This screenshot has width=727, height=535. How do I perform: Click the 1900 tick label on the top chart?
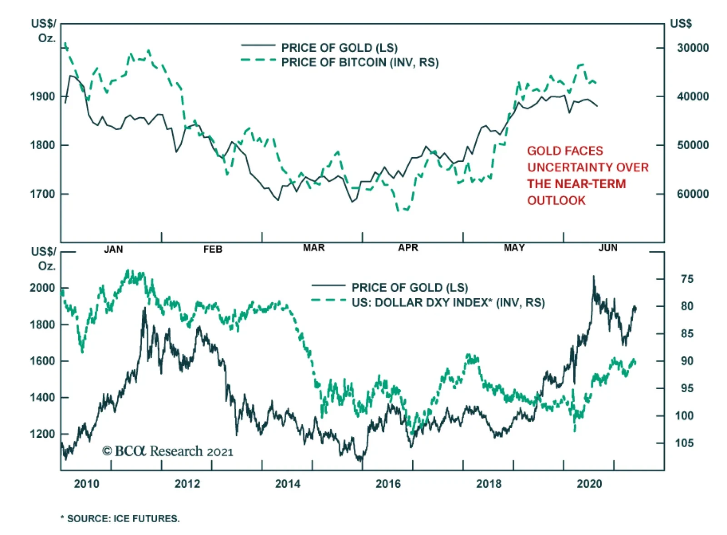[42, 96]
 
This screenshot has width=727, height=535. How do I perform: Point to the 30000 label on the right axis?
[692, 48]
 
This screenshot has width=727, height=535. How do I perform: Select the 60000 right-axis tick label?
[692, 194]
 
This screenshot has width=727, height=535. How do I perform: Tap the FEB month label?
[213, 249]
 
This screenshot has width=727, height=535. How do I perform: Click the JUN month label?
[608, 248]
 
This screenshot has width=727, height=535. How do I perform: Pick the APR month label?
[408, 248]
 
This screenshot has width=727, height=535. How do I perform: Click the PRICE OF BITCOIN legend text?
[360, 62]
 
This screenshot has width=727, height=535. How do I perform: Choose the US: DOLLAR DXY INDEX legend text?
[448, 303]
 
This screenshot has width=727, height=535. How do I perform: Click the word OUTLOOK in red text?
[556, 200]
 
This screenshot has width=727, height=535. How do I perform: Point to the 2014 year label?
[288, 484]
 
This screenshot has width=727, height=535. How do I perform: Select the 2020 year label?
[589, 484]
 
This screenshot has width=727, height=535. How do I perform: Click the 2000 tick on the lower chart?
[42, 288]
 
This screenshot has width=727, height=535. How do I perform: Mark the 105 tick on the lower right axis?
[684, 443]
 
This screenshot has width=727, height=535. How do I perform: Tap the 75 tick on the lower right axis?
[687, 279]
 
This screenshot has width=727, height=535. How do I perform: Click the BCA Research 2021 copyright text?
[168, 451]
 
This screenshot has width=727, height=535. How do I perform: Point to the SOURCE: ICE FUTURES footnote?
[120, 519]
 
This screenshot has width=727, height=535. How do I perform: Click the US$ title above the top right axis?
[681, 24]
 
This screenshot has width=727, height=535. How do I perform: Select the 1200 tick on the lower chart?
[42, 434]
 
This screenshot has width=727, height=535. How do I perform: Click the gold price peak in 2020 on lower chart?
[593, 276]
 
